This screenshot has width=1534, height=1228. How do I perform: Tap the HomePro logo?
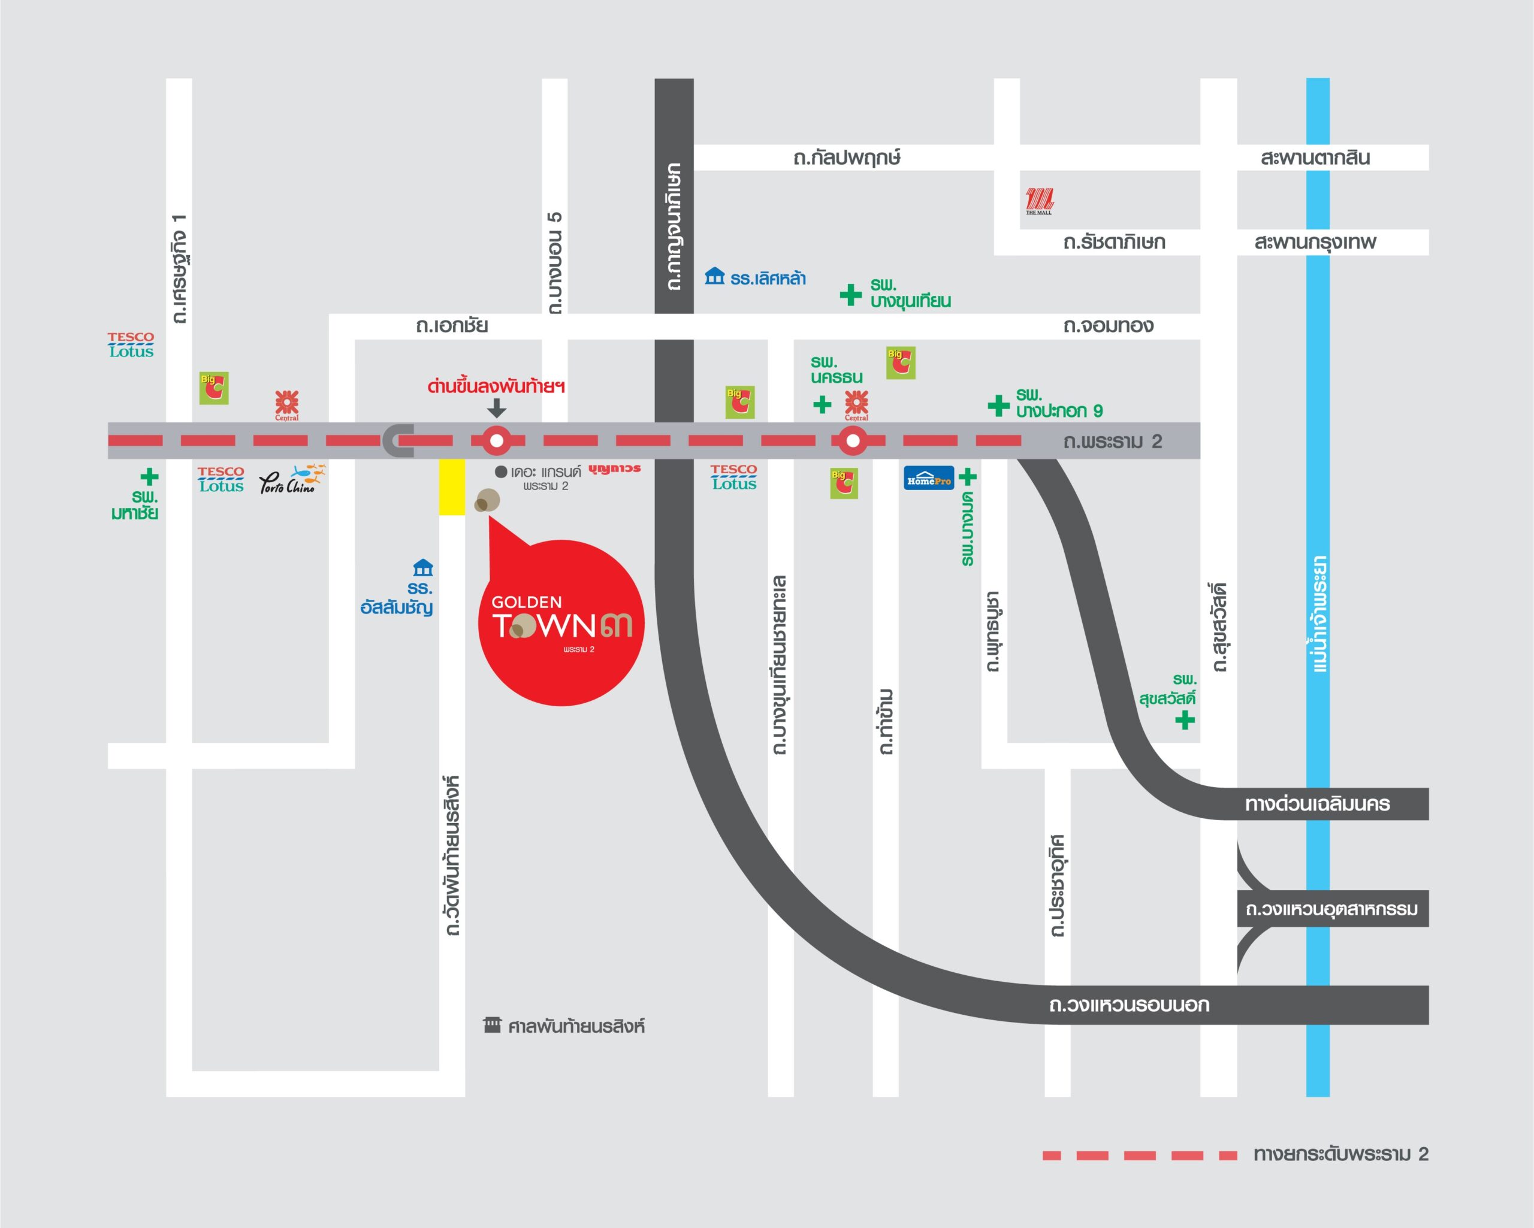tap(929, 479)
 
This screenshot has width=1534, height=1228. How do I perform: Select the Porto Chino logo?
tap(292, 480)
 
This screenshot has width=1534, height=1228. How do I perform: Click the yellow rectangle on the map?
tap(452, 486)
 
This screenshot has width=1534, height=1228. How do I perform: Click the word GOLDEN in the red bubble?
tap(527, 603)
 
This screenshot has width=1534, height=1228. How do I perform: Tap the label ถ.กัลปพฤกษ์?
tap(847, 158)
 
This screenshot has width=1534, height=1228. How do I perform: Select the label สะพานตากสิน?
tap(1315, 158)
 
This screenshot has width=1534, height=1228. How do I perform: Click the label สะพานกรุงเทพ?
tap(1315, 242)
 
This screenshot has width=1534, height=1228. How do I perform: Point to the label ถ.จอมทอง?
tap(1108, 326)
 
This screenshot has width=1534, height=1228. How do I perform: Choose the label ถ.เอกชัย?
tap(452, 326)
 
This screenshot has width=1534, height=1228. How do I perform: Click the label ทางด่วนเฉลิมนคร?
tap(1317, 804)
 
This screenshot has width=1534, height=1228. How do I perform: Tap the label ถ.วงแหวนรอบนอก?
tap(1129, 1005)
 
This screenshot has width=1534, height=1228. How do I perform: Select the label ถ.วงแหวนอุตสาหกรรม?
tap(1331, 909)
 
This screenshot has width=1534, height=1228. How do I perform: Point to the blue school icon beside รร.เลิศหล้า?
tap(714, 276)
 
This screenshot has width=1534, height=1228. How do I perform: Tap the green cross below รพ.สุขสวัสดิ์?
tap(1185, 721)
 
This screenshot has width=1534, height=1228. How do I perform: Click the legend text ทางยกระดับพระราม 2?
tap(1341, 1154)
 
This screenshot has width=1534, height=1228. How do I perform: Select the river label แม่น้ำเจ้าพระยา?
tap(1318, 614)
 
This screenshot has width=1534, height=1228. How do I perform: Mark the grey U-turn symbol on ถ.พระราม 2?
tap(398, 440)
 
